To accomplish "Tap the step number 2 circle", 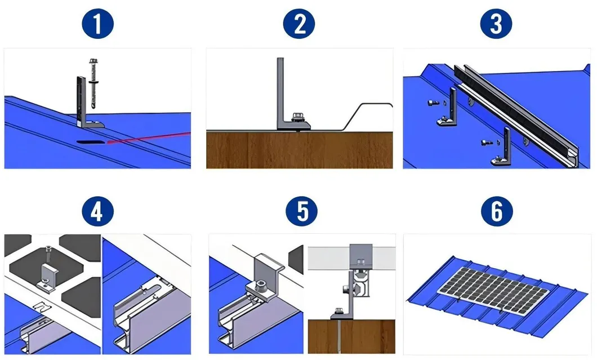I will click(298, 24).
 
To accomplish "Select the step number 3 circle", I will click(496, 24).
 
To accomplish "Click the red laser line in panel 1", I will click(152, 137).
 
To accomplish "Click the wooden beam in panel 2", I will click(298, 149).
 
